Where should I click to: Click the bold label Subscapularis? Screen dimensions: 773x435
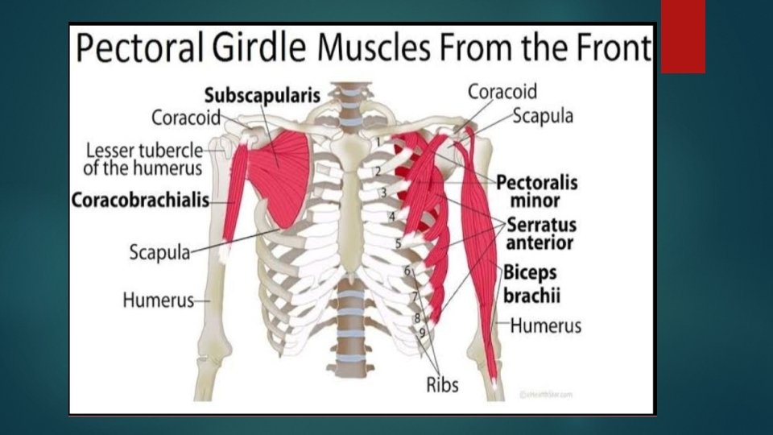(x=262, y=94)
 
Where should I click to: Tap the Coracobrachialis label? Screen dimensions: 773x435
(x=140, y=199)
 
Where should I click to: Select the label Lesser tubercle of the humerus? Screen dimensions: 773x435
(x=143, y=159)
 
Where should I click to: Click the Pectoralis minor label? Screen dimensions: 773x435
(x=536, y=191)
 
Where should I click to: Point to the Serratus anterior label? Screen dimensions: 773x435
(x=539, y=233)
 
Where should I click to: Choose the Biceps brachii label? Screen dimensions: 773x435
(x=531, y=284)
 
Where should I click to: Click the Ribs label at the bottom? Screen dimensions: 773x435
(x=442, y=384)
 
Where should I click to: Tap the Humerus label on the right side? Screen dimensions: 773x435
(x=545, y=326)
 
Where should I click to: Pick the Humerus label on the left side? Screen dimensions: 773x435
(x=159, y=300)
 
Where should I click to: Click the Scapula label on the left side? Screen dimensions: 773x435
(x=159, y=252)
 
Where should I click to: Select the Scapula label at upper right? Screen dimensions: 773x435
(x=544, y=116)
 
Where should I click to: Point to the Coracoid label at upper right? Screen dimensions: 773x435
(x=502, y=92)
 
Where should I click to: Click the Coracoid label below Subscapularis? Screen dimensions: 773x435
(x=186, y=118)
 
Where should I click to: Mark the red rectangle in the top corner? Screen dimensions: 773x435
(x=683, y=36)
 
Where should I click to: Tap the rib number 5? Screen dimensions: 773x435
(x=398, y=243)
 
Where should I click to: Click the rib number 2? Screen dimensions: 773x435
(x=376, y=171)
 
